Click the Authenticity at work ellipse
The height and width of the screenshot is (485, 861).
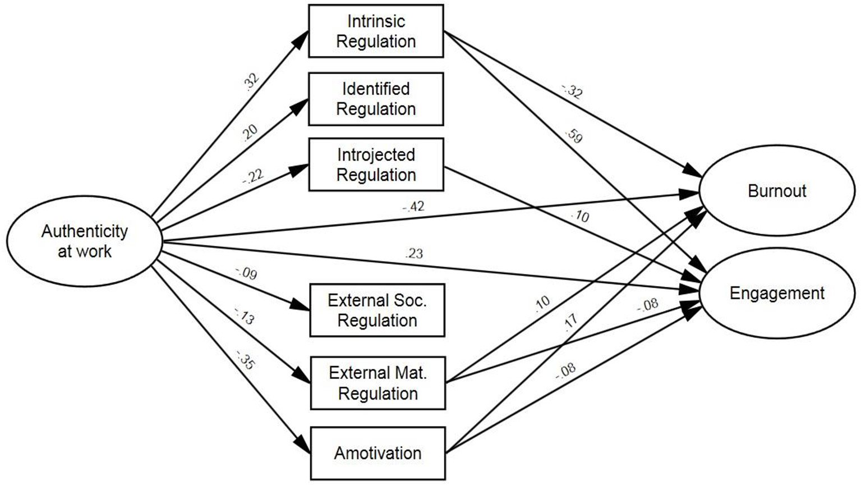point(84,241)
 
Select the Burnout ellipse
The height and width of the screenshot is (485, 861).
point(776,191)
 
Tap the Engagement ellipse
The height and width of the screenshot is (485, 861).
point(776,293)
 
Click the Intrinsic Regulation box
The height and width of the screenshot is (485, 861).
point(376,31)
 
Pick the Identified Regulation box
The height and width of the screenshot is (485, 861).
point(376,99)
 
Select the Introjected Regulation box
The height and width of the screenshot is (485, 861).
point(376,165)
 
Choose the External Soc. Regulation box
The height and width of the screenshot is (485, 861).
point(377,310)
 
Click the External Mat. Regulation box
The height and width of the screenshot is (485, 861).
point(377,383)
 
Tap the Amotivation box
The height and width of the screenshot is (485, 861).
point(377,453)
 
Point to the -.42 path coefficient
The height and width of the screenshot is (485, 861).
point(413,207)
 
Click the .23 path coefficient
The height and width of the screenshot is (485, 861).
point(413,254)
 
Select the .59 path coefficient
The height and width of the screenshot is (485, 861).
point(574,136)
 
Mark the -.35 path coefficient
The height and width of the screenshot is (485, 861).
point(245,360)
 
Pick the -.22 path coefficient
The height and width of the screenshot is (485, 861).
point(252,176)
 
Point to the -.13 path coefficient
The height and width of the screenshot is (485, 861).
point(244,317)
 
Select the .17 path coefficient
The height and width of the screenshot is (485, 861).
point(570,323)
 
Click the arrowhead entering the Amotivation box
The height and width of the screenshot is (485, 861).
point(303,446)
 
